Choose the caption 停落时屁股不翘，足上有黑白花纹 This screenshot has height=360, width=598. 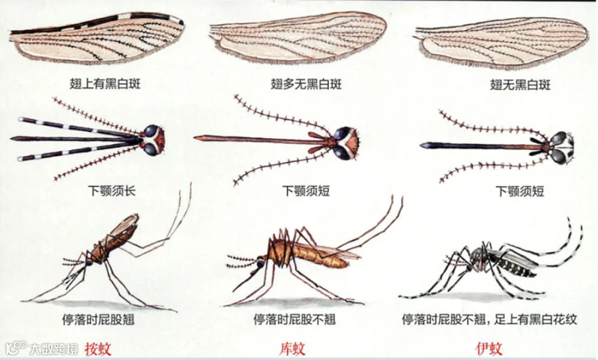click(489, 319)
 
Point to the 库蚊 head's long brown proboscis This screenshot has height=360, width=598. click(252, 139)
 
